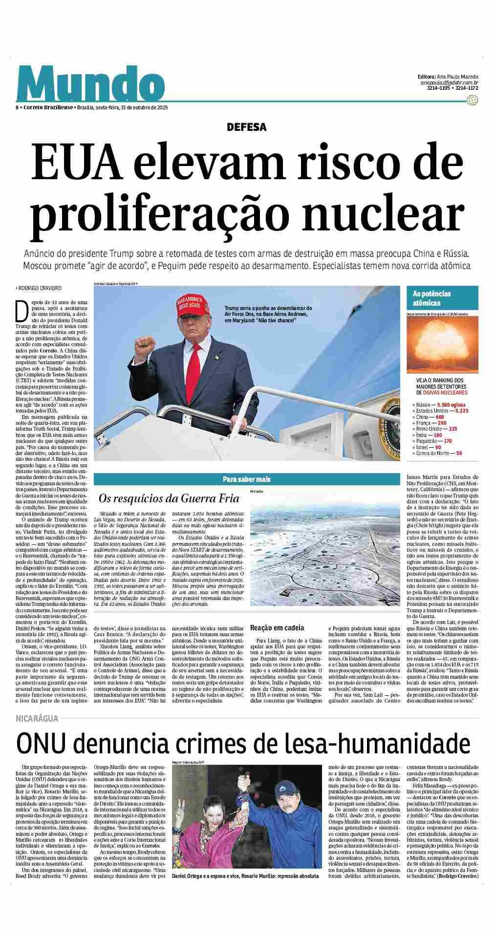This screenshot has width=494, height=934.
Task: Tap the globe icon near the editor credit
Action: pyautogui.click(x=472, y=101)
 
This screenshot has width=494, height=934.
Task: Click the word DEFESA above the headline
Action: pyautogui.click(x=247, y=127)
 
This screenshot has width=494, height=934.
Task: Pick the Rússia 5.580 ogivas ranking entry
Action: pyautogui.click(x=439, y=405)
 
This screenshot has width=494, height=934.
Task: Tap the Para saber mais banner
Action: pyautogui.click(x=246, y=479)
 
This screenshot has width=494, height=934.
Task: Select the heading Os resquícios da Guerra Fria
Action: pyautogui.click(x=169, y=498)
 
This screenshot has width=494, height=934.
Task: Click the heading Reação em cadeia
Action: pyautogui.click(x=277, y=627)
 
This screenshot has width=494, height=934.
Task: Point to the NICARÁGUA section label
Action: pyautogui.click(x=37, y=718)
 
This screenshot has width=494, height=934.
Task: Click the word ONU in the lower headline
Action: pyautogui.click(x=42, y=743)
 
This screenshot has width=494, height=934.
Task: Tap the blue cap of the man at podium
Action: pyautogui.click(x=284, y=784)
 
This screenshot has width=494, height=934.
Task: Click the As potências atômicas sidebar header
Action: pyautogui.click(x=432, y=298)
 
